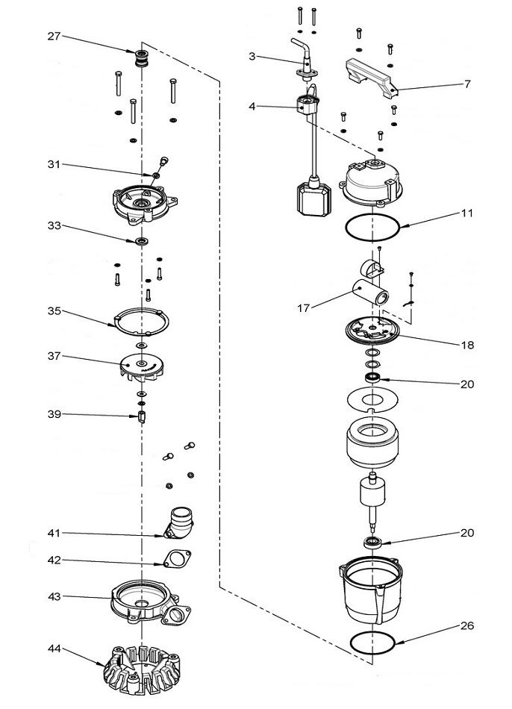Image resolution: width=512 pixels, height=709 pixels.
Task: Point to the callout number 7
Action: (467, 84)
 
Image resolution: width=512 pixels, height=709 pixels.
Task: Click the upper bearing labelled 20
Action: (372, 378)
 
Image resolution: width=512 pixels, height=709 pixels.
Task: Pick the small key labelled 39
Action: (141, 415)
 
